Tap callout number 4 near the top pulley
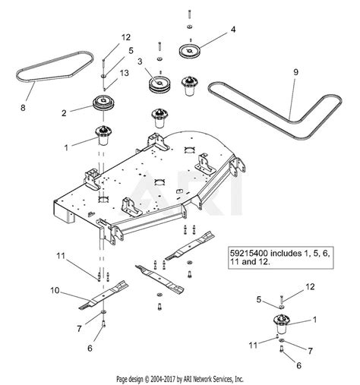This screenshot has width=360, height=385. tap(233, 30)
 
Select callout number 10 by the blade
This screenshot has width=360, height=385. tap(53, 290)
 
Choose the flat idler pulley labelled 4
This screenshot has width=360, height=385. tap(187, 50)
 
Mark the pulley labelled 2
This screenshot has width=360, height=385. tap(101, 105)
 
